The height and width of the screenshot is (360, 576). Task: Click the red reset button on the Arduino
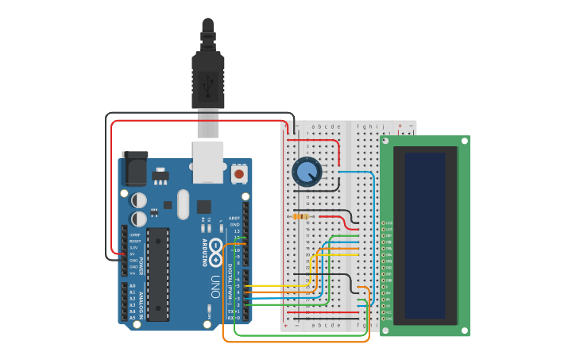[x=238, y=172]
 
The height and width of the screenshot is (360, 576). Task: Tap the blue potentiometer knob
[x=307, y=172]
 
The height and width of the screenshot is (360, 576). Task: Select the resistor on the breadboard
[x=301, y=216]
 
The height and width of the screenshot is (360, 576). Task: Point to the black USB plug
[x=207, y=75]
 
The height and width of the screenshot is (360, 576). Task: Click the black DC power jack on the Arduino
[x=134, y=167]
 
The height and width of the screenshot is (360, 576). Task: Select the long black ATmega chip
[x=158, y=274]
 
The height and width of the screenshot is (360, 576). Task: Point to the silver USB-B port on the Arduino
[x=208, y=161]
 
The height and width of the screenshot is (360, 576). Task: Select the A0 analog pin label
[x=132, y=286]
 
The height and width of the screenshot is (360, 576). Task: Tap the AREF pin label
[x=234, y=218]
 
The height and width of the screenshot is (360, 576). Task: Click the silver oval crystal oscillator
[x=184, y=204]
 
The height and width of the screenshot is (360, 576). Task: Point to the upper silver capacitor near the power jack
[x=139, y=199]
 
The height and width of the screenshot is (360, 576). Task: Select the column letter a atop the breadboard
[x=313, y=126]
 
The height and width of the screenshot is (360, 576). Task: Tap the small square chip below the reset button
[x=204, y=207]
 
